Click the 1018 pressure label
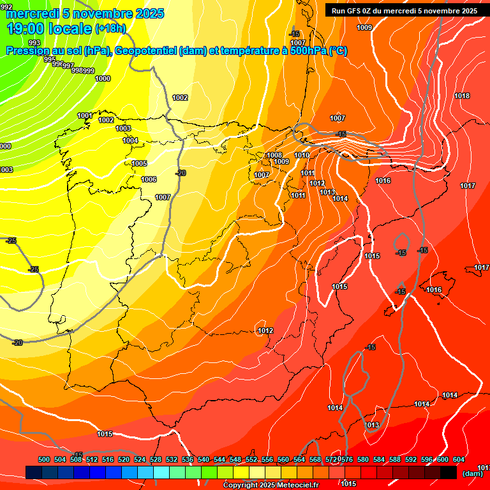pyautogui.click(x=462, y=96)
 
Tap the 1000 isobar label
pyautogui.click(x=103, y=78)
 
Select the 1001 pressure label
pyautogui.click(x=85, y=115)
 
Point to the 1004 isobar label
pyautogui.click(x=130, y=140)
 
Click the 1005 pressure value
pyautogui.click(x=139, y=164)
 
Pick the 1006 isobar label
pyautogui.click(x=149, y=179)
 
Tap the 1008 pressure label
pyautogui.click(x=274, y=155)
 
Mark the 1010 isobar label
pyautogui.click(x=302, y=155)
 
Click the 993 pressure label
pyautogui.click(x=34, y=43)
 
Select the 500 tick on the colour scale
pyautogui.click(x=44, y=459)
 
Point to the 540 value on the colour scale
pyautogui.click(x=204, y=459)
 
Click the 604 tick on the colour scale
pyautogui.click(x=459, y=459)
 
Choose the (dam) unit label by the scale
pyautogui.click(x=472, y=473)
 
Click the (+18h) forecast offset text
pyautogui.click(x=110, y=28)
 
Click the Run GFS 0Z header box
pyautogui.click(x=404, y=10)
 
